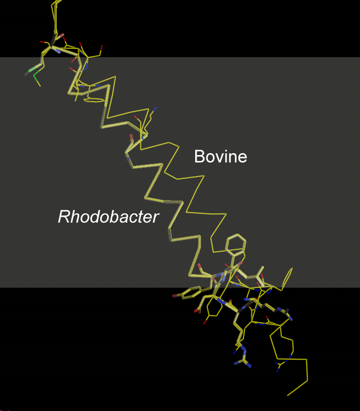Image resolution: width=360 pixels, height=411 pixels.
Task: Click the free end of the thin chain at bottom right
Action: point(288,395)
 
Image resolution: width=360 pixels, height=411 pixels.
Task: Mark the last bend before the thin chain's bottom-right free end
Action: point(308,380)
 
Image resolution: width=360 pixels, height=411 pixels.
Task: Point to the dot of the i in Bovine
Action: point(224,151)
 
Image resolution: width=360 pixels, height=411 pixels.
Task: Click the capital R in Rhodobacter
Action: point(64,217)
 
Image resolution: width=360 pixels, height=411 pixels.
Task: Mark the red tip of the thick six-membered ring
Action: point(175,296)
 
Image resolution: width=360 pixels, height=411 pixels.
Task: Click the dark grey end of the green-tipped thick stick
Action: point(26,74)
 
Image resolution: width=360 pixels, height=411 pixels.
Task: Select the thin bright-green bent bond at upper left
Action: point(37,77)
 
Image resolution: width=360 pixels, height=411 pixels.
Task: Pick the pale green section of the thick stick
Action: point(32,69)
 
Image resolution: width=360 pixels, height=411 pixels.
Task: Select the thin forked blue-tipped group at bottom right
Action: point(280,365)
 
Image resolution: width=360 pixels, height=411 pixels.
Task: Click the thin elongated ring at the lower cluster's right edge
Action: point(287,279)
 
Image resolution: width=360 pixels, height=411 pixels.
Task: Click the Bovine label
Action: point(221,157)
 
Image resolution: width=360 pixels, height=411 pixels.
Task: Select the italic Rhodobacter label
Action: point(109,217)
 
